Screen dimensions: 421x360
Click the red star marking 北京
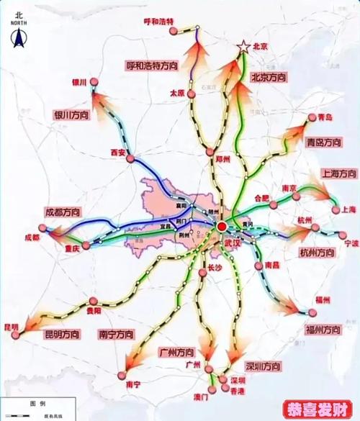tap(243, 47)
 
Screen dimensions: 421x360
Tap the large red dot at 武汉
tap(221, 227)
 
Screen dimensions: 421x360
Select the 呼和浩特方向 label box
tap(153, 65)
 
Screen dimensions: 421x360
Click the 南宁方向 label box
tap(115, 335)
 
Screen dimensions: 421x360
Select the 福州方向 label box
tap(322, 330)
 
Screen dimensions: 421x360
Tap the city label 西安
tap(119, 152)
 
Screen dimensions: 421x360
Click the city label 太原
tap(177, 93)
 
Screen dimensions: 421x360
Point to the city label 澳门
tap(200, 397)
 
